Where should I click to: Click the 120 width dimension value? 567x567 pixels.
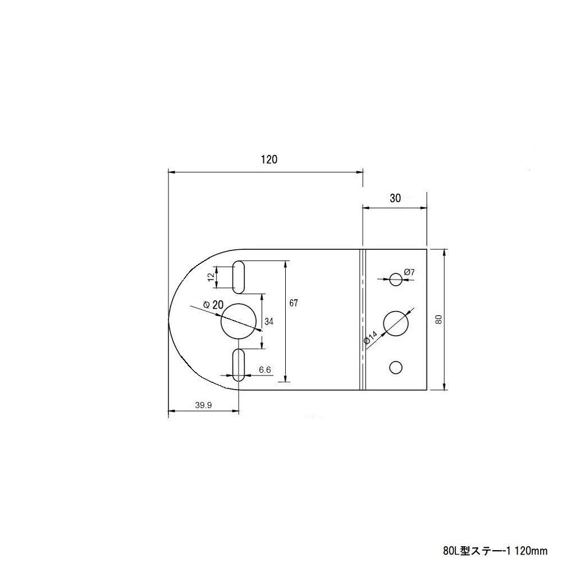(269, 159)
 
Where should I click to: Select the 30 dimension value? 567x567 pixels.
(395, 198)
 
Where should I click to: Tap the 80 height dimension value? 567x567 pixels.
(439, 319)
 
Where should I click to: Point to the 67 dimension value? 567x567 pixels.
(294, 303)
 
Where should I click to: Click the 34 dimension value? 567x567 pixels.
(269, 321)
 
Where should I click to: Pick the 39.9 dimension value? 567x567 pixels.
(203, 405)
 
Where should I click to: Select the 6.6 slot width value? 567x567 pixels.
(265, 369)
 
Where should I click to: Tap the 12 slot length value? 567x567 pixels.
(211, 277)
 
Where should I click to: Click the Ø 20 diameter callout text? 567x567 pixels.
(213, 304)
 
